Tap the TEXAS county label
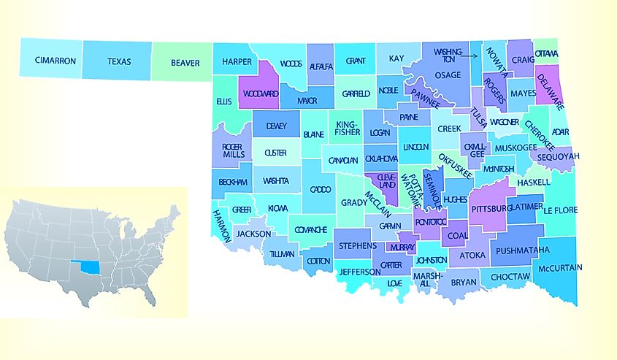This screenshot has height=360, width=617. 119,62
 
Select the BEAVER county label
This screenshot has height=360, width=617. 185,63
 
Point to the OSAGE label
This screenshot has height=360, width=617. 448,74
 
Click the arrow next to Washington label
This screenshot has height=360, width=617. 472,53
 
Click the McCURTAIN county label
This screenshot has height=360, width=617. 559,268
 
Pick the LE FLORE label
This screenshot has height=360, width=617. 561,210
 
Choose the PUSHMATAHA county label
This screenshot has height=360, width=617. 522,250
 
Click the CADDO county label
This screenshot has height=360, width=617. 320,189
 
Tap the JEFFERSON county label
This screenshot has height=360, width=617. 360,272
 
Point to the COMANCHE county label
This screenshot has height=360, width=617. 310,229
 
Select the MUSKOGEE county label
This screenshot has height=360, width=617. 515,148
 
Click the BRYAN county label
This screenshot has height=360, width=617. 463,281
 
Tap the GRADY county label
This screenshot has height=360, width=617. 353,202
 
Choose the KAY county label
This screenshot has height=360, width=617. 396,58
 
